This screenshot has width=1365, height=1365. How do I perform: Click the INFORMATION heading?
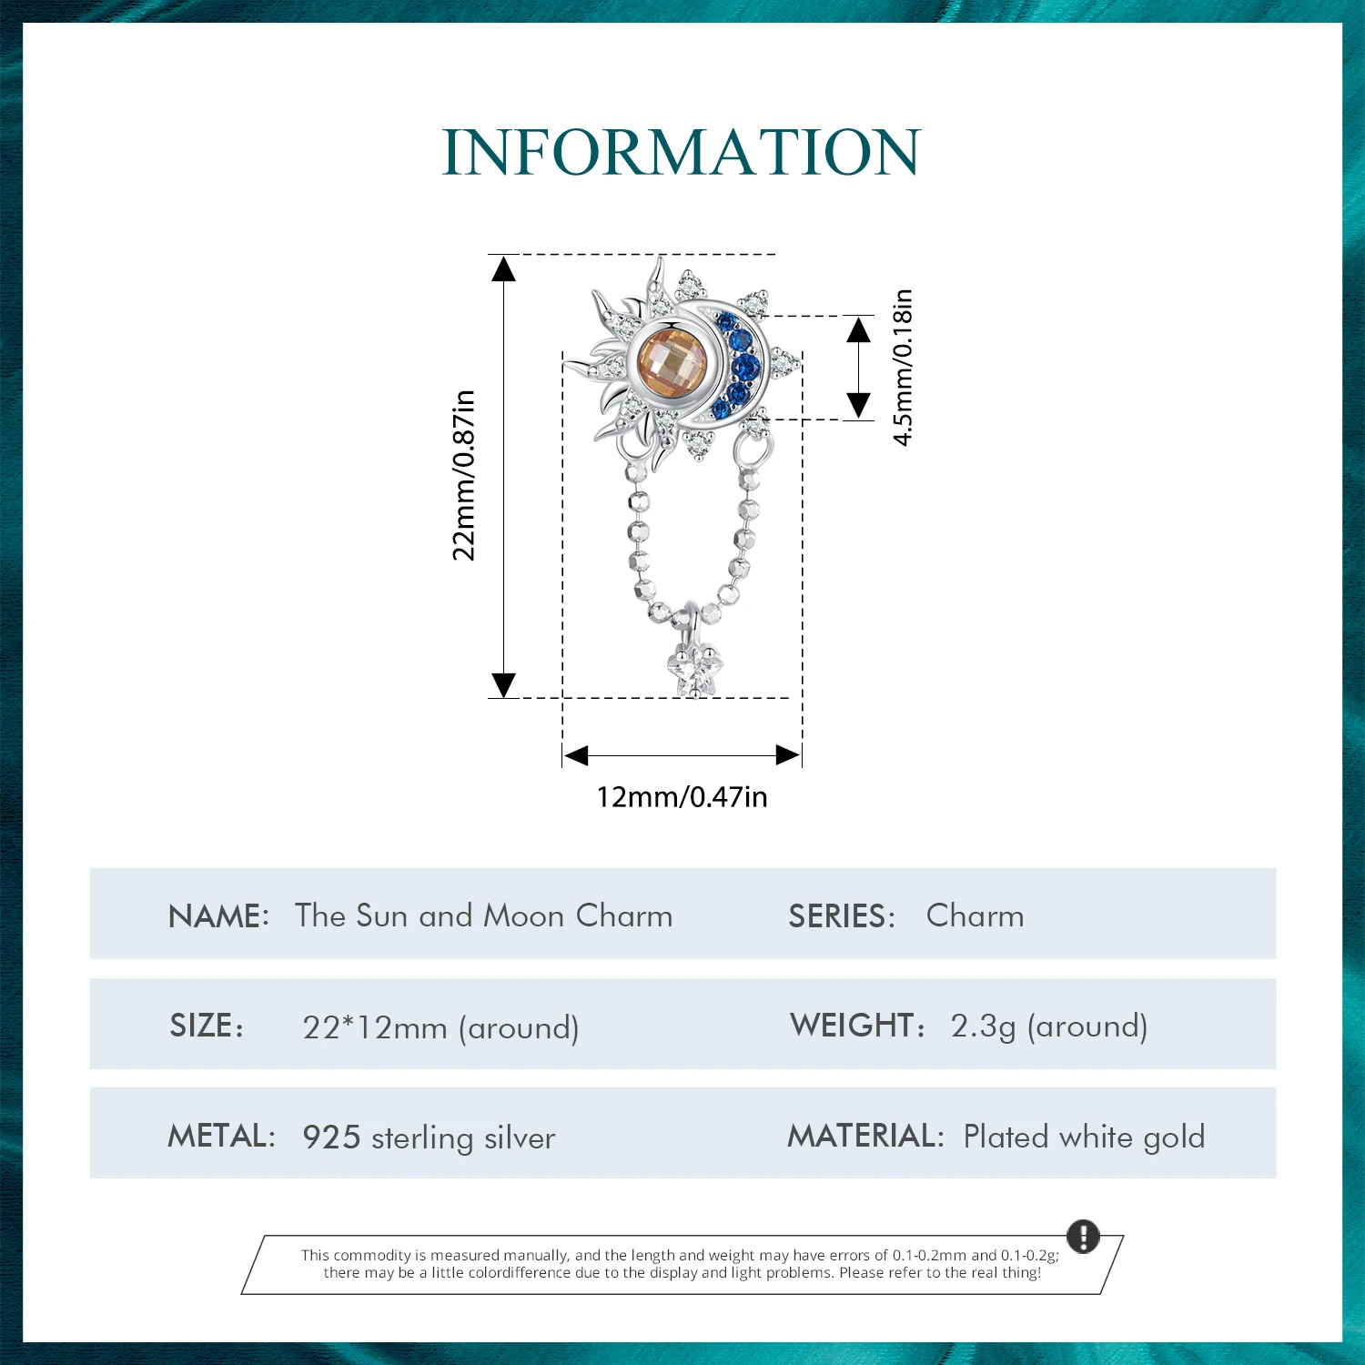[682, 152]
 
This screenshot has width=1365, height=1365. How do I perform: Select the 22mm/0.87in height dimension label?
[464, 475]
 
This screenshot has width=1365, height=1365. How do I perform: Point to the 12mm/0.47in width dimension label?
[682, 797]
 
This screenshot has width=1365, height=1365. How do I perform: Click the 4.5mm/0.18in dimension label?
[903, 368]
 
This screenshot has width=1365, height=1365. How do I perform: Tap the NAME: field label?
[218, 915]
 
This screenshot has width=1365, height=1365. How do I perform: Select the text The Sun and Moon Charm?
[483, 915]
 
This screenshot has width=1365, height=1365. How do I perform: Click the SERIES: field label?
[842, 915]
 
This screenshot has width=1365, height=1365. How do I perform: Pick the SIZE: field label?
[207, 1026]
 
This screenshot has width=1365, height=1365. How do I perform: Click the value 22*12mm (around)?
[440, 1027]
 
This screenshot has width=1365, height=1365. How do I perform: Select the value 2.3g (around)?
[1048, 1026]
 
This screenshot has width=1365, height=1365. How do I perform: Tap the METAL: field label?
[221, 1136]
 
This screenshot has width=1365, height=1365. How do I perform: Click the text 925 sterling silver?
[429, 1137]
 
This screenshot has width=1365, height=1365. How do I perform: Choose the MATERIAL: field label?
[865, 1136]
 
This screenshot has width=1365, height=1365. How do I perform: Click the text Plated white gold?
[1084, 1137]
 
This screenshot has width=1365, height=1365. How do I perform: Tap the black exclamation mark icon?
[1083, 1237]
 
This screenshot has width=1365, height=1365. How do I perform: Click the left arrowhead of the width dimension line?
[576, 755]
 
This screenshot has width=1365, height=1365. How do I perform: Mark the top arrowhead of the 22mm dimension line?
[503, 268]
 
